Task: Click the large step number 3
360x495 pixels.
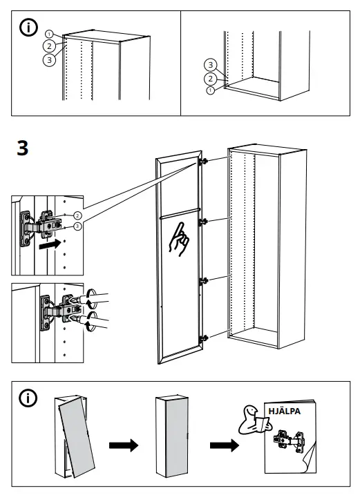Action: tap(22, 148)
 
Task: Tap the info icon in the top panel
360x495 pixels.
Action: tap(28, 28)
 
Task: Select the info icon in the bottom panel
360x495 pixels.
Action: tap(28, 398)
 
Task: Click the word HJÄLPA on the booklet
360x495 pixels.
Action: tap(284, 411)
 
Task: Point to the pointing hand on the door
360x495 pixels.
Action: tap(179, 240)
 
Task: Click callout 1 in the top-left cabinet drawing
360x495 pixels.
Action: tap(49, 34)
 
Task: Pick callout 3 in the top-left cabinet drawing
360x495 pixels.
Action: tap(49, 60)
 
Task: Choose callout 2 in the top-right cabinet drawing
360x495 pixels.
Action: tap(211, 79)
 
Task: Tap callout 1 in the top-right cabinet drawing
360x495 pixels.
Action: tap(211, 90)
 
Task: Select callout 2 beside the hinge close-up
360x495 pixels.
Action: tap(77, 215)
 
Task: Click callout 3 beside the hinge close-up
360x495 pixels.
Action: tap(77, 226)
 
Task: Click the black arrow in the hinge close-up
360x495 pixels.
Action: tap(50, 244)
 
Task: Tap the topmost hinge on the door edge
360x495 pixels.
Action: tap(204, 162)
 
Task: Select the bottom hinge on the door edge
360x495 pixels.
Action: tap(204, 338)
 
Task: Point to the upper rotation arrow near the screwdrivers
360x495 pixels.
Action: tap(90, 299)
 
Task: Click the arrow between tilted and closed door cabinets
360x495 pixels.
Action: tap(124, 445)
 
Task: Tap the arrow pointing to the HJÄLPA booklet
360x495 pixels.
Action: tap(225, 445)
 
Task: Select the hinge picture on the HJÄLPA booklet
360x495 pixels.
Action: tap(290, 441)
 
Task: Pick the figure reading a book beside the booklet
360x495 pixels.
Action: tap(254, 420)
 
